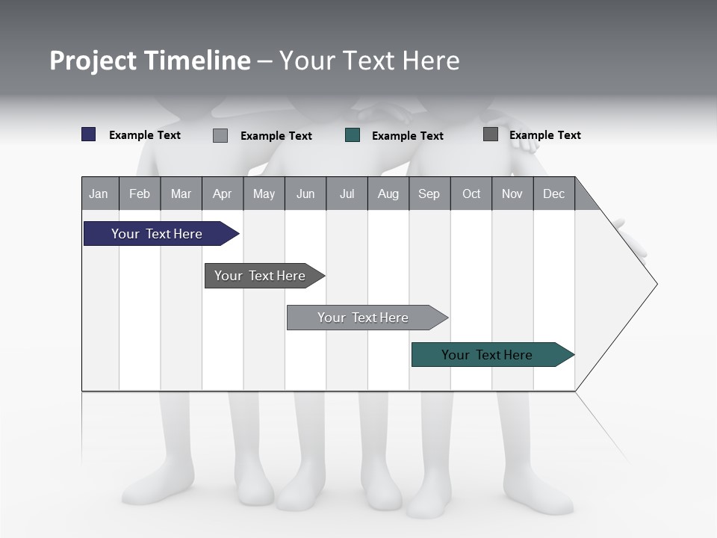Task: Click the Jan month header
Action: point(99,194)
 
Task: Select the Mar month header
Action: point(181,194)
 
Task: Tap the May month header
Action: point(264,194)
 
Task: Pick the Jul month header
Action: point(347,194)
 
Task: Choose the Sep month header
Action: point(429,194)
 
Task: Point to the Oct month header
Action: point(471,194)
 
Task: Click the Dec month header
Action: point(553,194)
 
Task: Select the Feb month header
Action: point(140,194)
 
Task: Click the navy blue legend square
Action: point(89,134)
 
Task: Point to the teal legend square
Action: point(353,135)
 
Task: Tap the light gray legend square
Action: point(220,135)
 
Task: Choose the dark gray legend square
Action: point(491,134)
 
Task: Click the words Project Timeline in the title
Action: point(150,61)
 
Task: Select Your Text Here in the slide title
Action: point(370,61)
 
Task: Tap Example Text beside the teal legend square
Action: point(407,135)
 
